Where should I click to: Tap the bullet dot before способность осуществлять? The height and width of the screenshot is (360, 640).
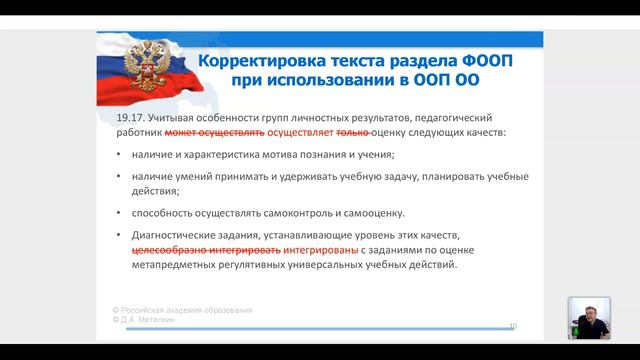click(x=119, y=213)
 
